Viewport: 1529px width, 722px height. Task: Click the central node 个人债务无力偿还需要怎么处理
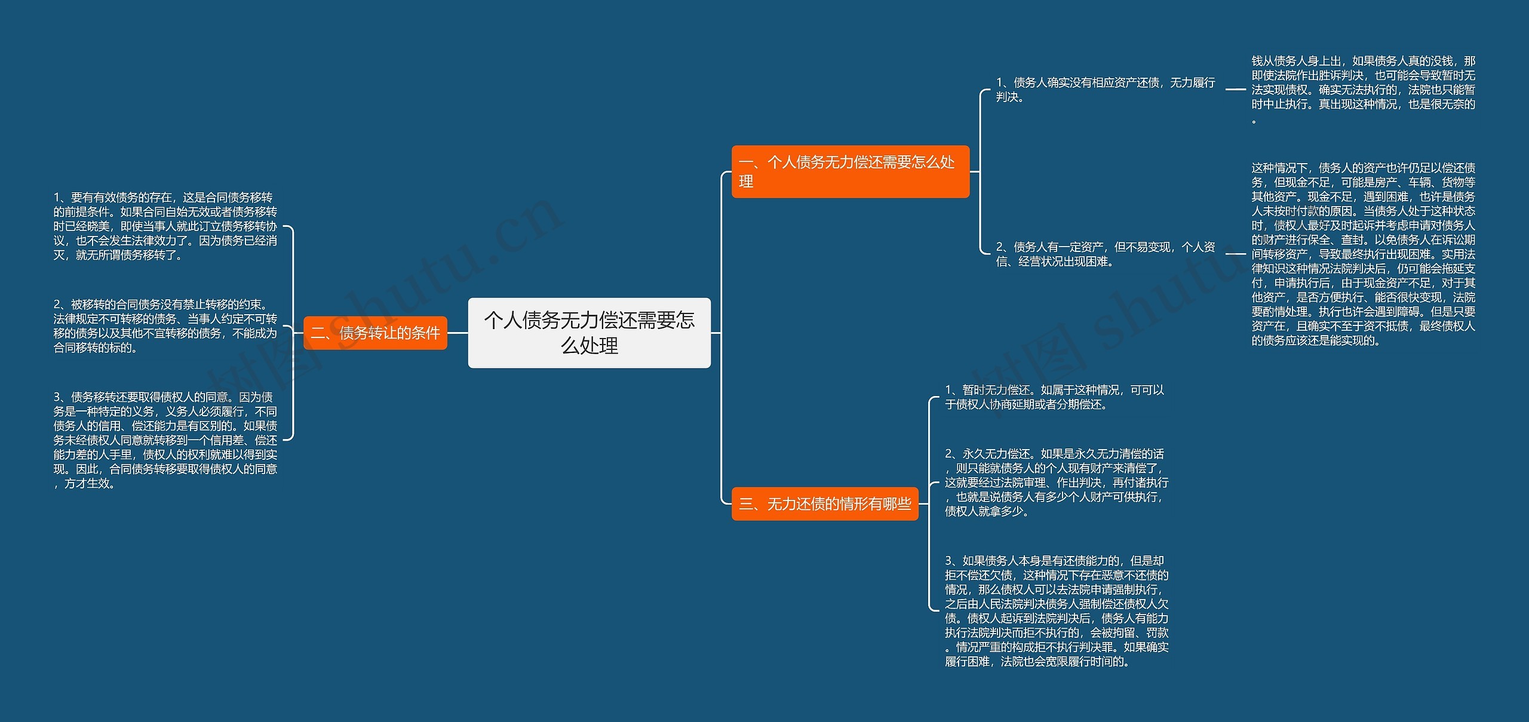[x=589, y=333]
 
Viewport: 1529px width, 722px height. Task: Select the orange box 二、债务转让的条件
[x=375, y=333]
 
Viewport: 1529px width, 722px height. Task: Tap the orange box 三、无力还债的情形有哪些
[x=824, y=504]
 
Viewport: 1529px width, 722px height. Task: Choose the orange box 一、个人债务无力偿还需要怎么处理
[x=850, y=171]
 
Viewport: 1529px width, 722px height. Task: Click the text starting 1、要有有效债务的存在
[x=165, y=226]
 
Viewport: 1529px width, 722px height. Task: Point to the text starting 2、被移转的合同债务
[x=165, y=326]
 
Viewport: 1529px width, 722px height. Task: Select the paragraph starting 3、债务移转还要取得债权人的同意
[x=165, y=440]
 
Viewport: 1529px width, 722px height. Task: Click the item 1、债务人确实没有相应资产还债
[x=1105, y=90]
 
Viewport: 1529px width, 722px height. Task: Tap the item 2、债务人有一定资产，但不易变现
[x=1105, y=254]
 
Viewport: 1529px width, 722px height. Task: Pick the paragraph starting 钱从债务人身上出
[x=1363, y=90]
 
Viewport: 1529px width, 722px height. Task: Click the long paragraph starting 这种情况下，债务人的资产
[x=1363, y=254]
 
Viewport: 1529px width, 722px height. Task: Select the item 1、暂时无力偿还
[x=1054, y=397]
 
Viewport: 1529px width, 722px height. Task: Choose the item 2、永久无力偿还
[x=1056, y=483]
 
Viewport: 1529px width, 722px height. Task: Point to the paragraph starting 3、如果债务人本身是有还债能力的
[x=1056, y=610]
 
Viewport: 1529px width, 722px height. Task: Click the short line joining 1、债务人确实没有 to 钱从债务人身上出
[x=1235, y=90]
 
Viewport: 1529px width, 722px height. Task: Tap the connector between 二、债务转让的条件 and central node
[x=458, y=333]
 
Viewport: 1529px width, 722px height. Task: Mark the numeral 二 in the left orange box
[x=318, y=333]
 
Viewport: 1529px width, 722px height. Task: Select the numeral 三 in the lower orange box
[x=746, y=505]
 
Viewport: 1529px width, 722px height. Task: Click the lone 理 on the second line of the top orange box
[x=746, y=182]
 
